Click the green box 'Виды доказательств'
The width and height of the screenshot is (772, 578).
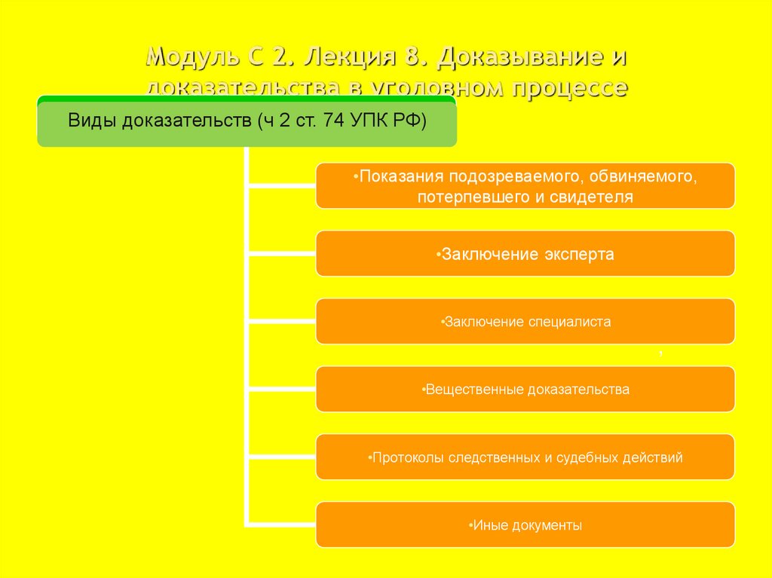point(247,121)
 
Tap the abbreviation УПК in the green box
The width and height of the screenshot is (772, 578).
point(370,121)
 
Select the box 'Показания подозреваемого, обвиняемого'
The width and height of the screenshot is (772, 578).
point(525,185)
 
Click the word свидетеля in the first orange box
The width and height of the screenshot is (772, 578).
point(595,197)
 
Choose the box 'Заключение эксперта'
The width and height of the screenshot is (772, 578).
point(525,253)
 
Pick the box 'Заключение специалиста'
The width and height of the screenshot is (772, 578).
point(525,321)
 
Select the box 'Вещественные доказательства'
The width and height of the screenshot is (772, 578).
point(525,389)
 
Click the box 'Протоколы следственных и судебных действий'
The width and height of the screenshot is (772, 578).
point(525,457)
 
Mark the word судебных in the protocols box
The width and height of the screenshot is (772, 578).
point(588,457)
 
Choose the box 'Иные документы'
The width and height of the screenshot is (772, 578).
point(525,524)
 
